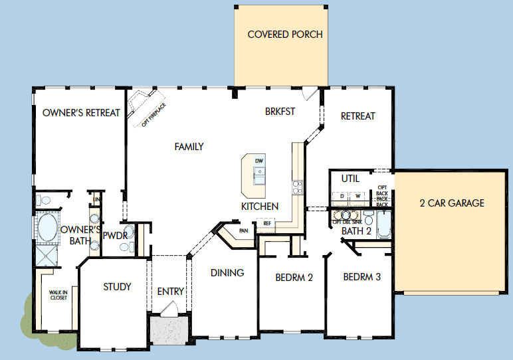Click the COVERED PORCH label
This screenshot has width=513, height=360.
pos(285,35)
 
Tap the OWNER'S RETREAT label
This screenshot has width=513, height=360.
pos(81,113)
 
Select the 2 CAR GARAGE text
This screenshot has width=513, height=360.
pos(452,203)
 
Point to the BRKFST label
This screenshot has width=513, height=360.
pos(279,113)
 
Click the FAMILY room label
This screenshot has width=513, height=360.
pos(189,147)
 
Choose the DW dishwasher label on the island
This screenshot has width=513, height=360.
pos(259,161)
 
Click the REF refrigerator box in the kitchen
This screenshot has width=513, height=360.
pos(267,223)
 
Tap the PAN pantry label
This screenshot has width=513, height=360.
pos(243,230)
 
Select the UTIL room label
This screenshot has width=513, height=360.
pos(350,179)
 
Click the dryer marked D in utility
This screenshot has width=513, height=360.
pos(342,196)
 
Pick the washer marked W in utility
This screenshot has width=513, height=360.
pos(358,196)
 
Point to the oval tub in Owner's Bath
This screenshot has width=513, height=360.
pos(47,227)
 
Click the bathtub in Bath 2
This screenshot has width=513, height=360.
pos(384,226)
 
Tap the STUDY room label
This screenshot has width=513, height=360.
pos(117,287)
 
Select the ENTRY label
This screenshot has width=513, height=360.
pos(171,292)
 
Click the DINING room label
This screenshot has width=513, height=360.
pos(227,272)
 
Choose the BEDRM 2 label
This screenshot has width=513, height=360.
pos(294,278)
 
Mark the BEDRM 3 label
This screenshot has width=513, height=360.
pos(361,277)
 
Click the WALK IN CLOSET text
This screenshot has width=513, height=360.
pos(58,294)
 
